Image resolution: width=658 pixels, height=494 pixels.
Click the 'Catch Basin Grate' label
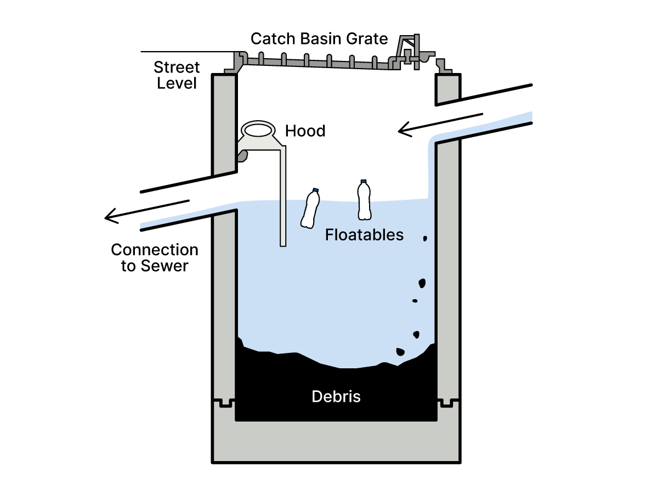[319, 39]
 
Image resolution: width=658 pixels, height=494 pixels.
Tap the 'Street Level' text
[176, 76]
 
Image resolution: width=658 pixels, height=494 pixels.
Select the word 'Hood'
[305, 131]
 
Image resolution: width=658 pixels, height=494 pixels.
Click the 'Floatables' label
[364, 235]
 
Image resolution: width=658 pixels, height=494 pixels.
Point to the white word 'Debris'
[336, 396]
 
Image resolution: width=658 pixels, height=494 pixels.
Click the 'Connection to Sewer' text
[155, 258]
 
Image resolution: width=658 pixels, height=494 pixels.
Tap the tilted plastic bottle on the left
[310, 209]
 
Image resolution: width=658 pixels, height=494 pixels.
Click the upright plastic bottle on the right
[364, 200]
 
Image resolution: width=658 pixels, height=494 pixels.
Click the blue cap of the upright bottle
[363, 181]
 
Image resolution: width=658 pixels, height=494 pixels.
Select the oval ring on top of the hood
[258, 130]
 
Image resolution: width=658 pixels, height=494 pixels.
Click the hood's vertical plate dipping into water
[283, 209]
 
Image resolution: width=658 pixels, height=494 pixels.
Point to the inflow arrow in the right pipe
[439, 124]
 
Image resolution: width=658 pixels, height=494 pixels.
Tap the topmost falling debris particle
[424, 238]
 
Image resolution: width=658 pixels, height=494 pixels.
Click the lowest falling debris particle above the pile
[400, 352]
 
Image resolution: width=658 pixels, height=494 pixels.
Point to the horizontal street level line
[186, 52]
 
